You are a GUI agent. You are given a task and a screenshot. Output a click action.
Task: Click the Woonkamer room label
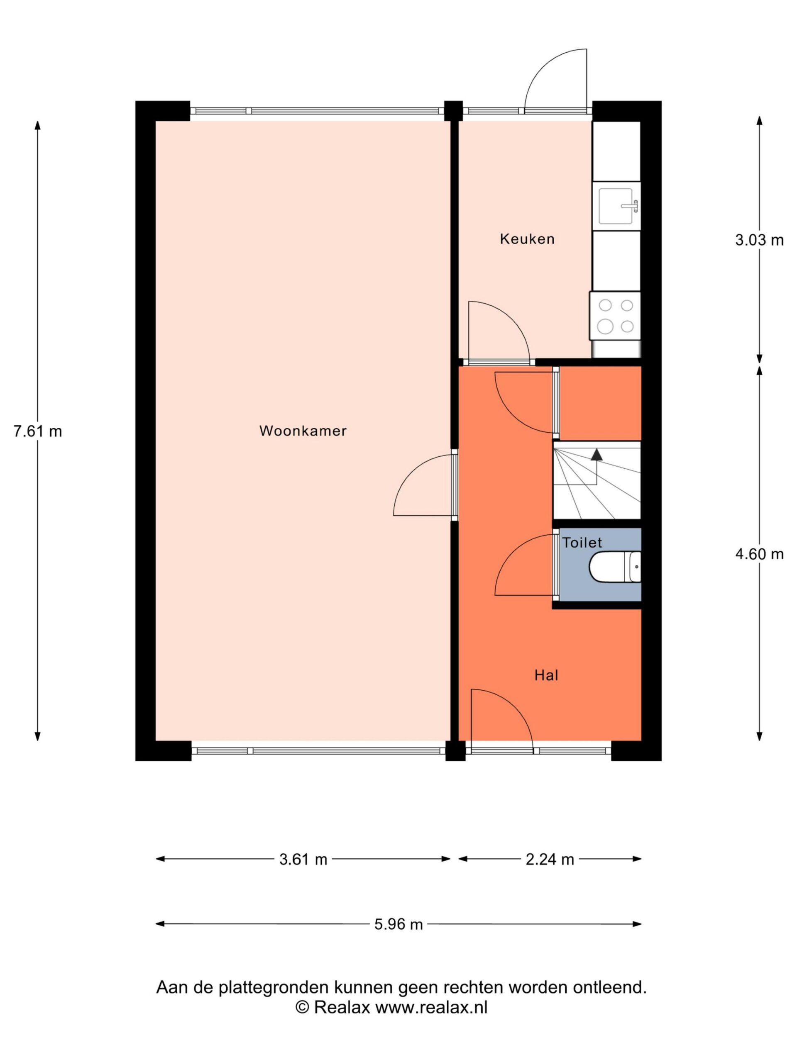303,431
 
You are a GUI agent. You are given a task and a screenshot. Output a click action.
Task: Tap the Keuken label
527,239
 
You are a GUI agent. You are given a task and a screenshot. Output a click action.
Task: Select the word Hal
546,675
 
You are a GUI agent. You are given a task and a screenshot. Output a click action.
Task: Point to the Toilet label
582,543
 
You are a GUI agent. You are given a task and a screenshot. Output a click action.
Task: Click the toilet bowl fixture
615,567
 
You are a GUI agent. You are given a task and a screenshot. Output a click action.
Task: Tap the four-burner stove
616,316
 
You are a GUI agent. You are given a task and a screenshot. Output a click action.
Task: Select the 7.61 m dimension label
38,431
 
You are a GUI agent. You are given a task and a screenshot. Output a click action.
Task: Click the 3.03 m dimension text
759,240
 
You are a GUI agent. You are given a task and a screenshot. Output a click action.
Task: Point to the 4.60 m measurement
759,554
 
